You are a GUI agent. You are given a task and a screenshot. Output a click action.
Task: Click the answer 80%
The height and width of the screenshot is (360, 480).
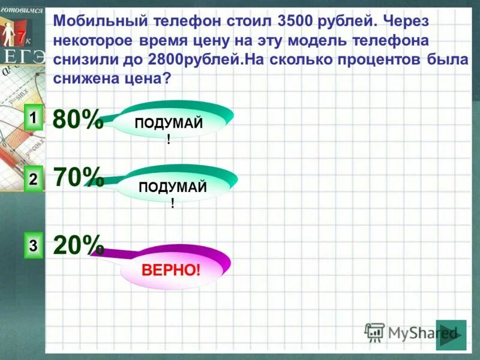77,120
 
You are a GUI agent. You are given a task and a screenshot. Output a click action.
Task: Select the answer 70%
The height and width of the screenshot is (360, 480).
78,177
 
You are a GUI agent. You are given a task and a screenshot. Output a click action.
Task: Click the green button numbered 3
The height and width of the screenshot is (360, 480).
34,245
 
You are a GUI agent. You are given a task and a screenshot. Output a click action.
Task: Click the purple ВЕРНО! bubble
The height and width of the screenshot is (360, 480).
171,269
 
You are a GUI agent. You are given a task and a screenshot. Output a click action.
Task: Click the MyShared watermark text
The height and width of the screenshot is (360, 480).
423,332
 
